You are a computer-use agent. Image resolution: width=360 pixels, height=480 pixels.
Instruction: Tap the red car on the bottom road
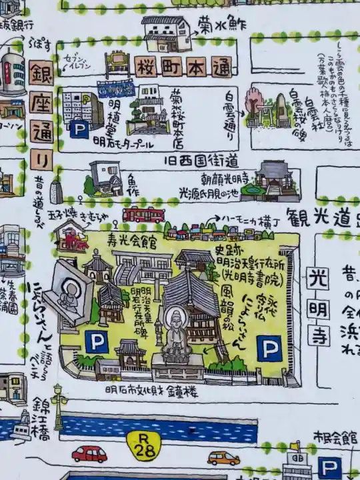89,455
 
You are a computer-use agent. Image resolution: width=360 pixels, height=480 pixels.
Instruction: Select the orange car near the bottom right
223,458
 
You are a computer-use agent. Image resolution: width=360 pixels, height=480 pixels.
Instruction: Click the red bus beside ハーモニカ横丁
143,215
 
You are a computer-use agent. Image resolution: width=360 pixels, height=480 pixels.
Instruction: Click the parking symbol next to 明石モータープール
79,129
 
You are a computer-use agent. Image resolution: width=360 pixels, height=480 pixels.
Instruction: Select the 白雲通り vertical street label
230,117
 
